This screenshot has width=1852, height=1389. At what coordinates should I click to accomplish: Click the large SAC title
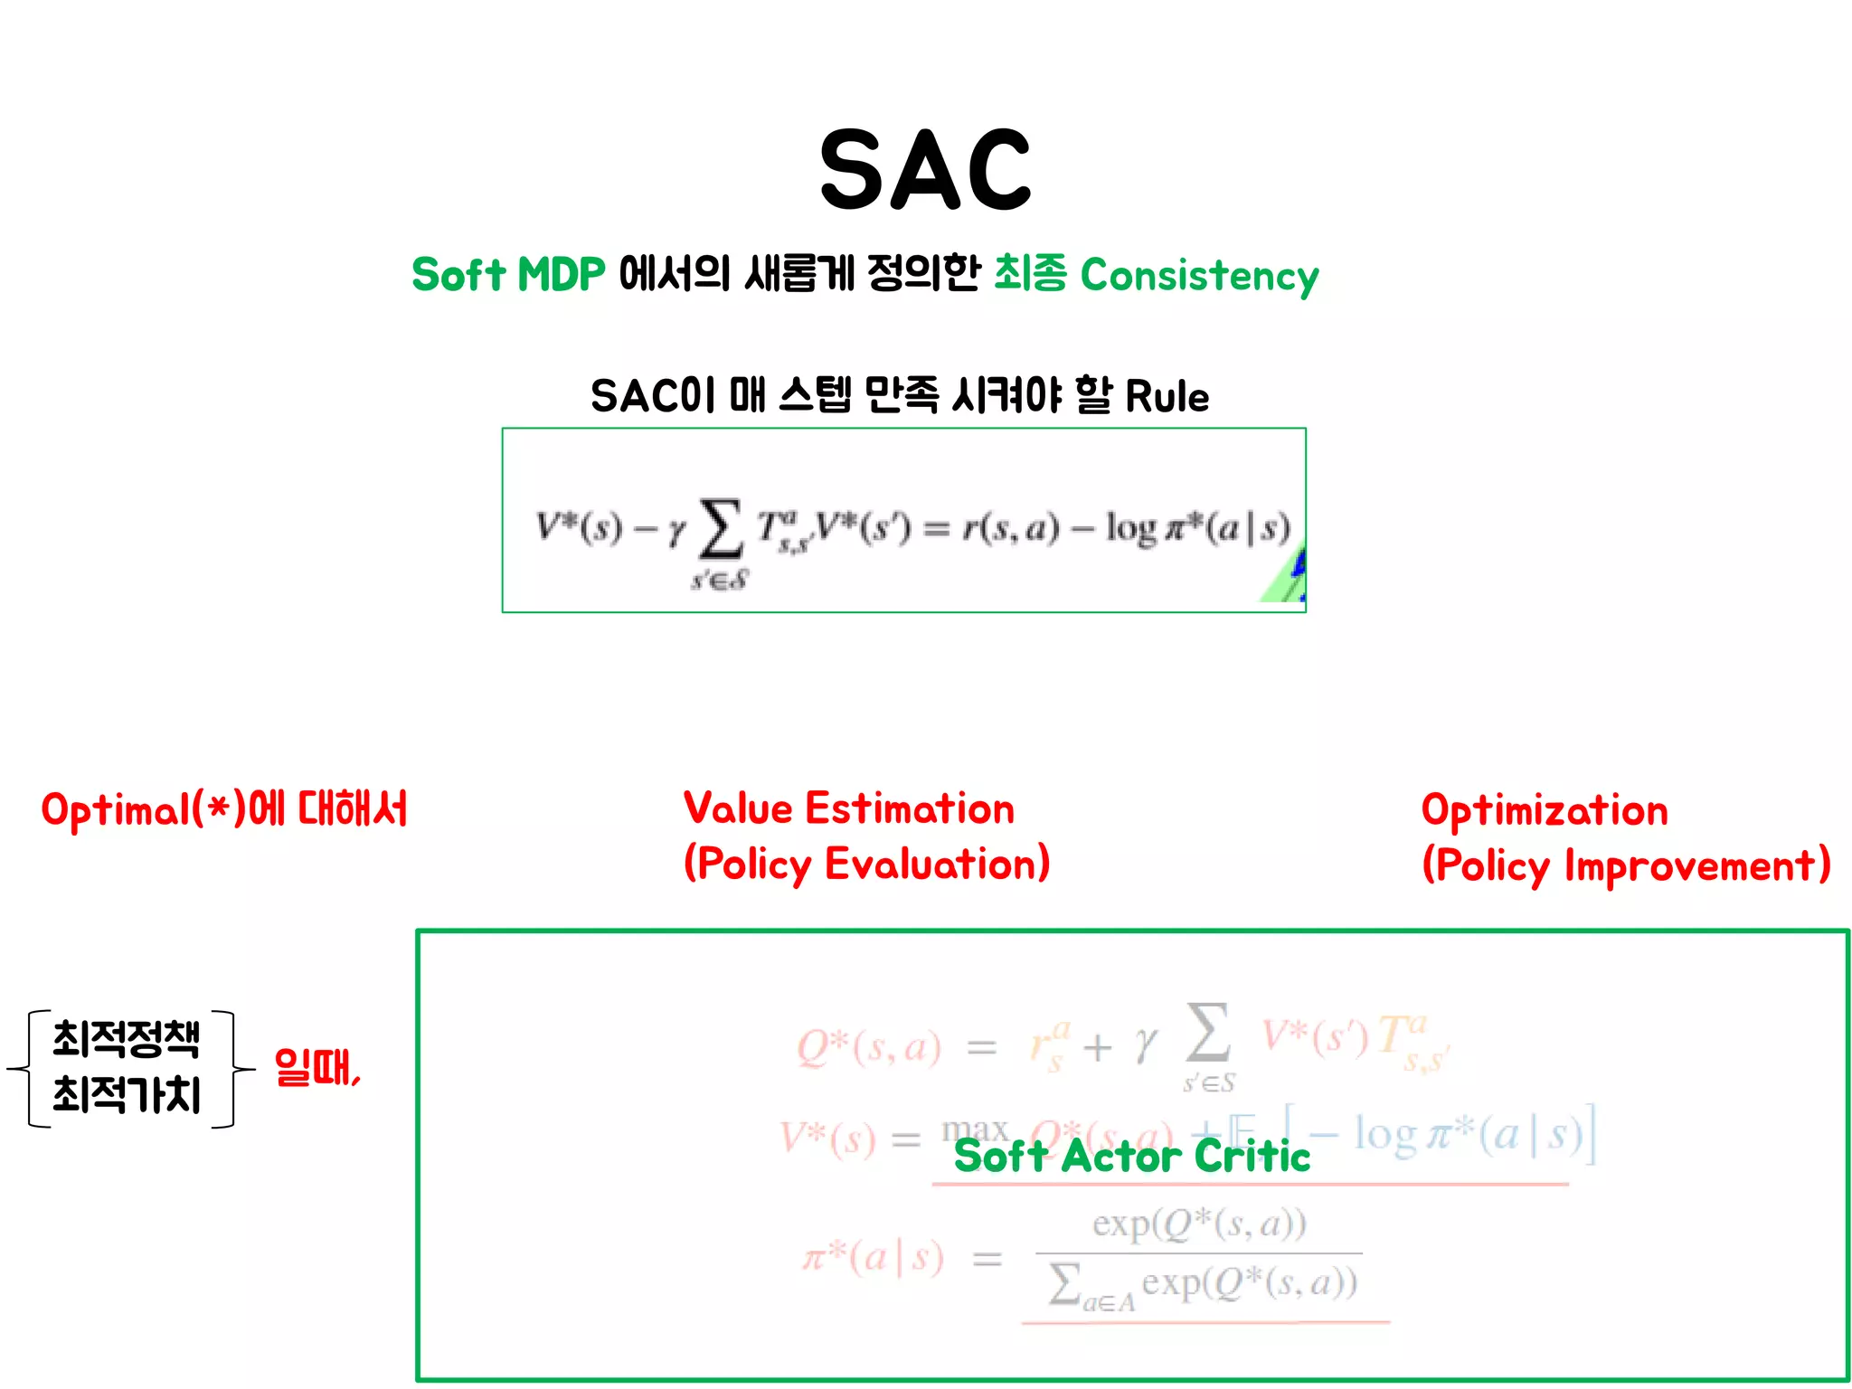pos(925,169)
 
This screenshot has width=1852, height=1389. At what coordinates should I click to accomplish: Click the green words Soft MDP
pos(508,274)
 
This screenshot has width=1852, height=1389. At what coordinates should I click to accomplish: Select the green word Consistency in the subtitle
pos(1199,276)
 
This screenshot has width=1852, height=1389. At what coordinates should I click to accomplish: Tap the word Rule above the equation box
pos(1167,397)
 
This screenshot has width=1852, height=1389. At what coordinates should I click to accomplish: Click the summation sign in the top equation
pos(721,529)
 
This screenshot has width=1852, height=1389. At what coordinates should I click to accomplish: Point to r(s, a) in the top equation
pos(1010,526)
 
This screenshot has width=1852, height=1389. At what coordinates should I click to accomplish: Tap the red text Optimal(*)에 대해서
pos(224,809)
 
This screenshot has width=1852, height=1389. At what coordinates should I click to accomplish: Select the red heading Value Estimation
pos(848,808)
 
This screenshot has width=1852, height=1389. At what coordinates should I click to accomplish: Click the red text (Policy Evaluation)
pos(866,864)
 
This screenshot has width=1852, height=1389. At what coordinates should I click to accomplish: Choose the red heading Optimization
pos(1545,810)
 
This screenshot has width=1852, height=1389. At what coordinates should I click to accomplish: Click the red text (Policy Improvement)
pos(1626,865)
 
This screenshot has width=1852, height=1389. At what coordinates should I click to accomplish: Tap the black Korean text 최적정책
pos(126,1038)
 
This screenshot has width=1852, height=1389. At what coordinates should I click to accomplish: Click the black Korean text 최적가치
pos(126,1095)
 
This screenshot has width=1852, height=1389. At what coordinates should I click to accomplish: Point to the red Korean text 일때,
pos(317,1067)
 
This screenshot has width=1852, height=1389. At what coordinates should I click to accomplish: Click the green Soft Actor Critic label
pos(1132,1156)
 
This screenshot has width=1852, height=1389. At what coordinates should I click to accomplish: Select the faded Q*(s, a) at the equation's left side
pos(868,1047)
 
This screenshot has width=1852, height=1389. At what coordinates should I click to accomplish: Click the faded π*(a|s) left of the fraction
pos(874,1257)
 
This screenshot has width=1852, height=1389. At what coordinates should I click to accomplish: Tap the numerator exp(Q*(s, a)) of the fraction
pos(1199,1224)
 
